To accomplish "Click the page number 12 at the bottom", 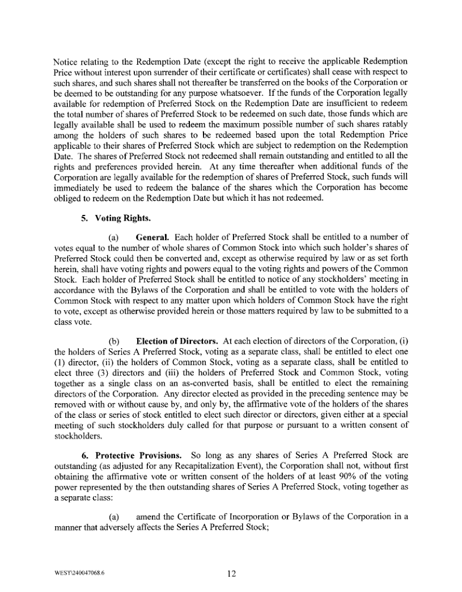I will (x=231, y=573).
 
